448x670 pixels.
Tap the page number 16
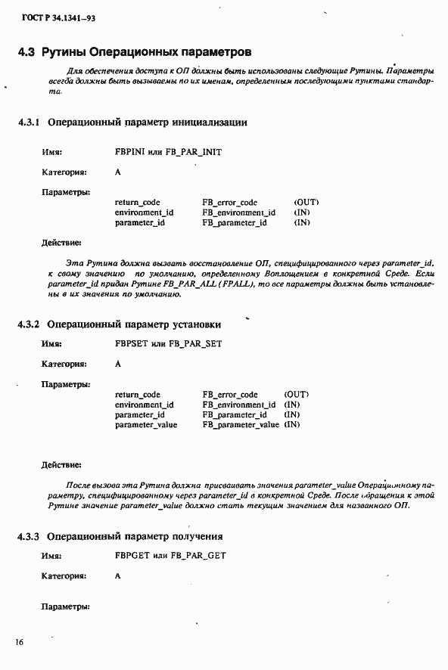19,642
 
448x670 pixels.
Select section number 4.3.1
30,123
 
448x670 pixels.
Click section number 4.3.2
30,324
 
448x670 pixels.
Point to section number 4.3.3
30,536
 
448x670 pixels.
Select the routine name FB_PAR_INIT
195,151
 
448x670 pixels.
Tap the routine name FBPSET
129,343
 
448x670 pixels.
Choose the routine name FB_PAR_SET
194,343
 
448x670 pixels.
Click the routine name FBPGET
130,555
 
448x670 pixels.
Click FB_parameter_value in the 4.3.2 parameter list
241,425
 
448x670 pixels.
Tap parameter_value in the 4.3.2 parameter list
146,425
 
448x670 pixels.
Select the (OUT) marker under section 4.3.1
306,203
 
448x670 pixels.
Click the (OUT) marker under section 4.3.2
296,395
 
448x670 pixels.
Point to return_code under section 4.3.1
137,203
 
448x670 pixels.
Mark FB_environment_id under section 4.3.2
238,405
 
